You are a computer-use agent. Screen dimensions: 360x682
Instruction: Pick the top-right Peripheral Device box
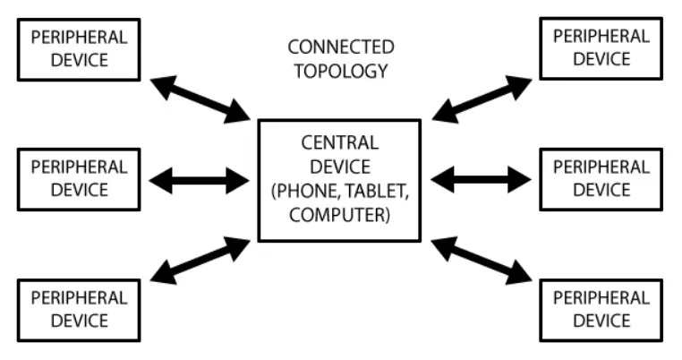pos(601,47)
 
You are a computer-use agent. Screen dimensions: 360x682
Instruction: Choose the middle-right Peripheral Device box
pos(601,178)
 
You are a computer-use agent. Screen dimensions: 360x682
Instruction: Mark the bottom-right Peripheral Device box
pos(601,309)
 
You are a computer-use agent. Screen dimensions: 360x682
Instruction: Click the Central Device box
pos(339,180)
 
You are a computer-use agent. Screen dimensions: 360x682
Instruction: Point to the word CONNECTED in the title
pos(340,47)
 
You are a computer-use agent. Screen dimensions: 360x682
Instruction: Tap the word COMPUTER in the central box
pos(339,215)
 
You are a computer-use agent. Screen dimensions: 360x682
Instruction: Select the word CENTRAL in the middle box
pos(339,143)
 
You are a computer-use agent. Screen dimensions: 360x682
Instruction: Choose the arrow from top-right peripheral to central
pos(482,99)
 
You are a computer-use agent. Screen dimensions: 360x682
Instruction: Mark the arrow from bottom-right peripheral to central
pos(482,261)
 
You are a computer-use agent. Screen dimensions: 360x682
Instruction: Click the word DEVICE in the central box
pos(339,167)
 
